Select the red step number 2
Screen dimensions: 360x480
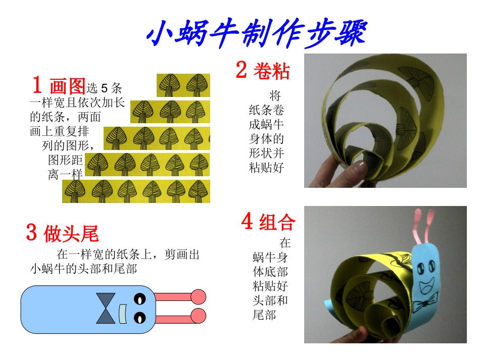click(242, 70)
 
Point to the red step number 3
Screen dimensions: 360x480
click(31, 232)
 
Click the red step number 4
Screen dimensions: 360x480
click(247, 221)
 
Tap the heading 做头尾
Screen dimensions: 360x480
click(71, 234)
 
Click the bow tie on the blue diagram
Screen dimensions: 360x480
click(106, 308)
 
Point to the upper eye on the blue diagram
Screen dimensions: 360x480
click(139, 299)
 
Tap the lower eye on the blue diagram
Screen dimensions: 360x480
click(139, 318)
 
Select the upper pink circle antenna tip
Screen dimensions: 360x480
click(199, 296)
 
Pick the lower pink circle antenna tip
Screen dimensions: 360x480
click(199, 316)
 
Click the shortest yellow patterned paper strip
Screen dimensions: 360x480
click(183, 85)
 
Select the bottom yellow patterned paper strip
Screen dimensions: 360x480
click(136, 191)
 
